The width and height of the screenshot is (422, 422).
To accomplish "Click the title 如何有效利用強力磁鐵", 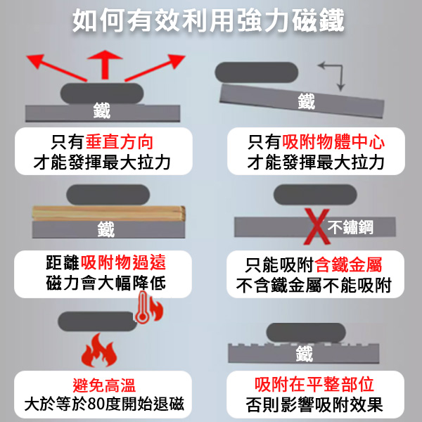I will pyautogui.click(x=210, y=20).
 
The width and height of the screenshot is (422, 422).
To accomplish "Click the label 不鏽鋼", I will pyautogui.click(x=351, y=226).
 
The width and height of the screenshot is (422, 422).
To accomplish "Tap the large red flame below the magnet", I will pyautogui.click(x=96, y=350).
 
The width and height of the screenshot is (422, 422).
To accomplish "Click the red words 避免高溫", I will pyautogui.click(x=103, y=385).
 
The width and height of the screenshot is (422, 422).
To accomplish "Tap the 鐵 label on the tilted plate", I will pyautogui.click(x=306, y=101).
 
